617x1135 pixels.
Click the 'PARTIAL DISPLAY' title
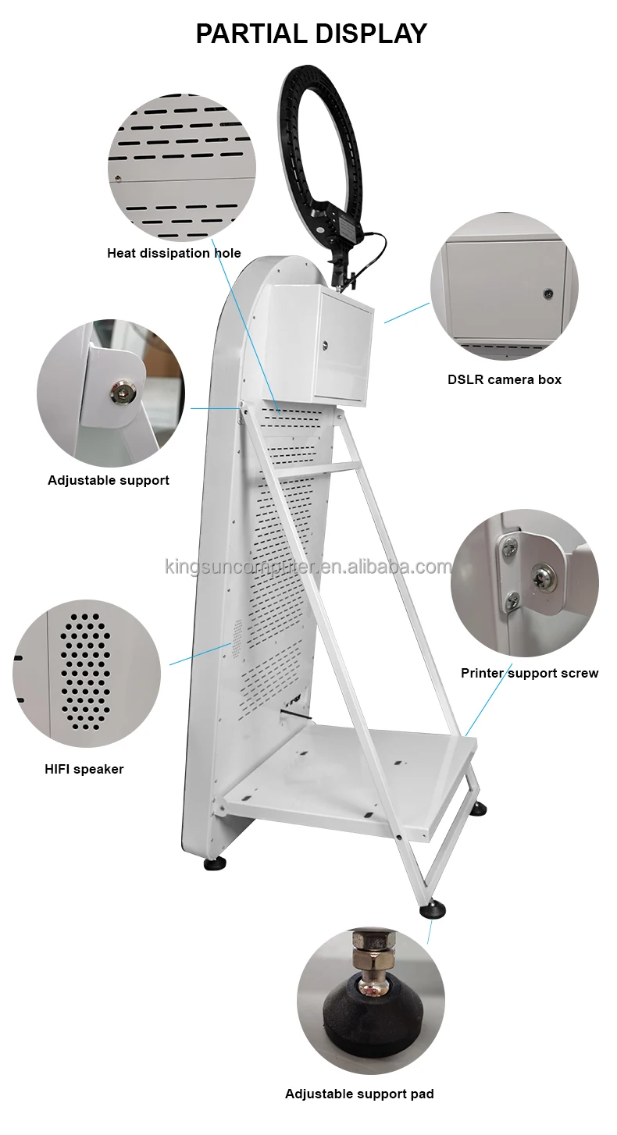click(312, 34)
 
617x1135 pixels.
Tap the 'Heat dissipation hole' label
click(174, 253)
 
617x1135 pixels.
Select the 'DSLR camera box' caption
click(505, 379)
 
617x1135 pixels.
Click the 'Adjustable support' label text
click(109, 480)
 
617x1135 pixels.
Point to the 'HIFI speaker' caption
click(84, 769)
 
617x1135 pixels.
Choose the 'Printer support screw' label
click(530, 673)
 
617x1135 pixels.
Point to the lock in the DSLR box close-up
click(547, 293)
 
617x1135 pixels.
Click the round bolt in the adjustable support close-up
click(120, 392)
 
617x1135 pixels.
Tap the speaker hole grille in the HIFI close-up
click(85, 672)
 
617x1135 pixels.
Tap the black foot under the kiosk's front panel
click(215, 864)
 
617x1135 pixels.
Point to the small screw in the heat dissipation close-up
click(118, 178)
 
